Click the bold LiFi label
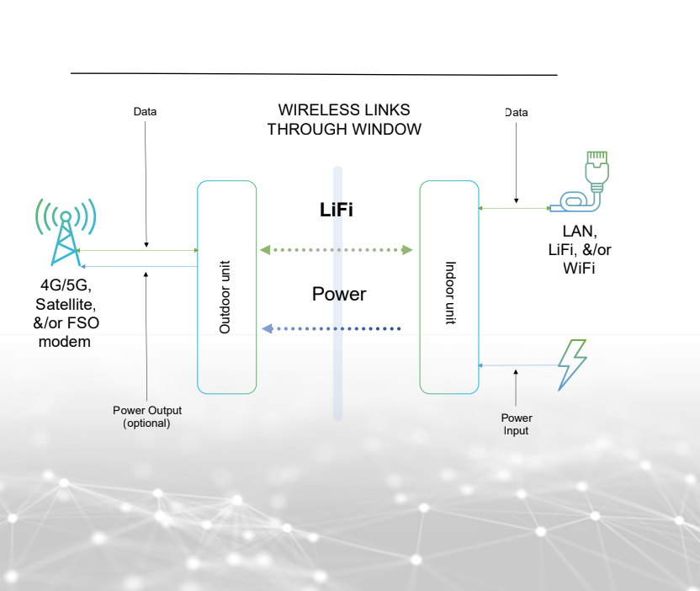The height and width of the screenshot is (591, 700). pos(336,210)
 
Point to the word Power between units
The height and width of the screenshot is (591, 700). pos(339,294)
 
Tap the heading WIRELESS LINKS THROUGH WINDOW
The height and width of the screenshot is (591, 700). pos(344,120)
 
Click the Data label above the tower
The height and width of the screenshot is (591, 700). pos(145,111)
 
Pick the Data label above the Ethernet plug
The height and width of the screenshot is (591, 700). pos(516,112)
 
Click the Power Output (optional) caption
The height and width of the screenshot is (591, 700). pos(147,417)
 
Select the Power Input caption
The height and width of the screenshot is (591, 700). pos(517,424)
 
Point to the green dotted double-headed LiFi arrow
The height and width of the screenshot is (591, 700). pos(337,250)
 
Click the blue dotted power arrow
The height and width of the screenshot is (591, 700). pos(331,328)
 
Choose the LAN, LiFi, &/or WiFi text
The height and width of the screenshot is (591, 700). pos(580,249)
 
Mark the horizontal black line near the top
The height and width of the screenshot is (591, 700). pos(314,74)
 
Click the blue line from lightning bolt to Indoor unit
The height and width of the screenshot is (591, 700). pos(518,365)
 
